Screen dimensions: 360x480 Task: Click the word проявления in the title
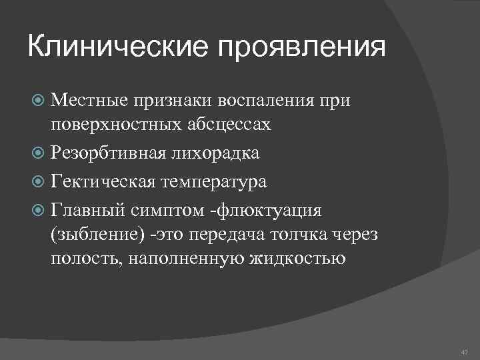click(x=299, y=49)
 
